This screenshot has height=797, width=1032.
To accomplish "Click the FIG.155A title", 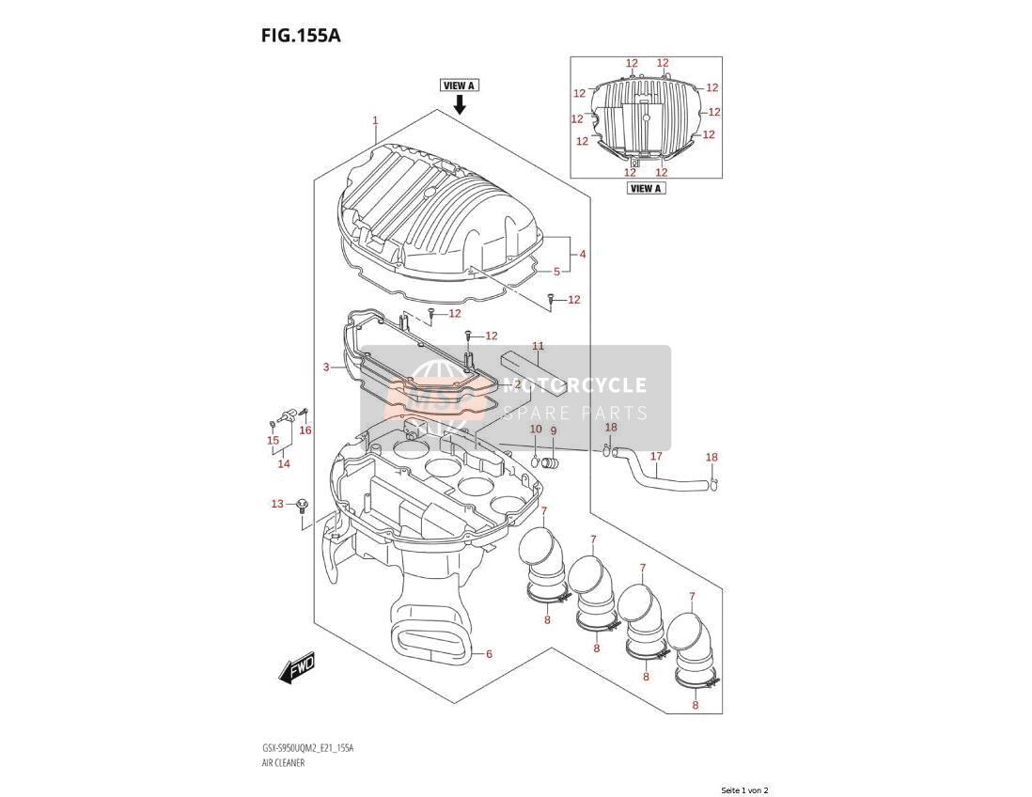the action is pos(301,35).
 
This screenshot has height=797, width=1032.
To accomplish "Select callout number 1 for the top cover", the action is pos(375,120).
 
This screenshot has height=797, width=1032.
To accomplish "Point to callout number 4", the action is pos(583,254).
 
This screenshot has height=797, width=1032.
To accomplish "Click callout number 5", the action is pos(556,272).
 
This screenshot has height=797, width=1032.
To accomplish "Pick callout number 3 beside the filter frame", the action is pos(326,367).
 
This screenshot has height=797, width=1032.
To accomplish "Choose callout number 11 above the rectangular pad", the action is pos(539,346).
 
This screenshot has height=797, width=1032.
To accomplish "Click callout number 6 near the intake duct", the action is pos(489,653).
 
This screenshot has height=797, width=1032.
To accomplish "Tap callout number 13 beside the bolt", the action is pos(277,504).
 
